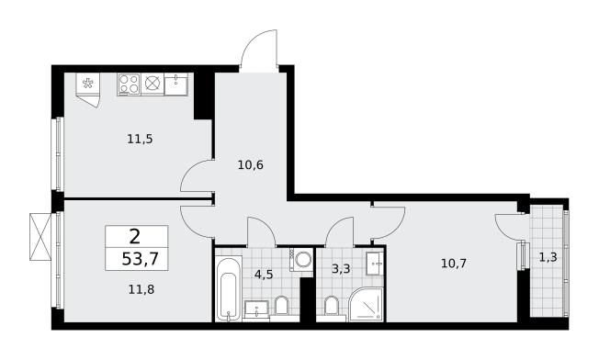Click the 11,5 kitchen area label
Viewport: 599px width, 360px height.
140,139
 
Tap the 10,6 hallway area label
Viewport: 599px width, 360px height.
251,165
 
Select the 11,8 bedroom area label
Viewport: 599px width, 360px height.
141,290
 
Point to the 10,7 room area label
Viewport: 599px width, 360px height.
454,263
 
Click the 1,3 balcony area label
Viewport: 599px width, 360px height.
548,258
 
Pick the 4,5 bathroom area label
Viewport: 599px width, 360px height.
264,274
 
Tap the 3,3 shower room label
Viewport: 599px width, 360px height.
341,269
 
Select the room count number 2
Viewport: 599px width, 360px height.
135,237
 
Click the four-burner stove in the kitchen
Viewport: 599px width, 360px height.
129,84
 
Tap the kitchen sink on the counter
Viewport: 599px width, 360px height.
176,84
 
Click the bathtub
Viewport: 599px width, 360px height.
229,288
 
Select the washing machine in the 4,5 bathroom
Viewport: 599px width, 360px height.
301,260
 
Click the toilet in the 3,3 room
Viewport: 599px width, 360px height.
332,306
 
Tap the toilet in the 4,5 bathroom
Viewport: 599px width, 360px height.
282,306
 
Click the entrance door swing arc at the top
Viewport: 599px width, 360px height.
258,51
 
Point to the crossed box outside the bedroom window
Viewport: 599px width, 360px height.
40,237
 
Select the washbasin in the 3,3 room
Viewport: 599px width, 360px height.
375,264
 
